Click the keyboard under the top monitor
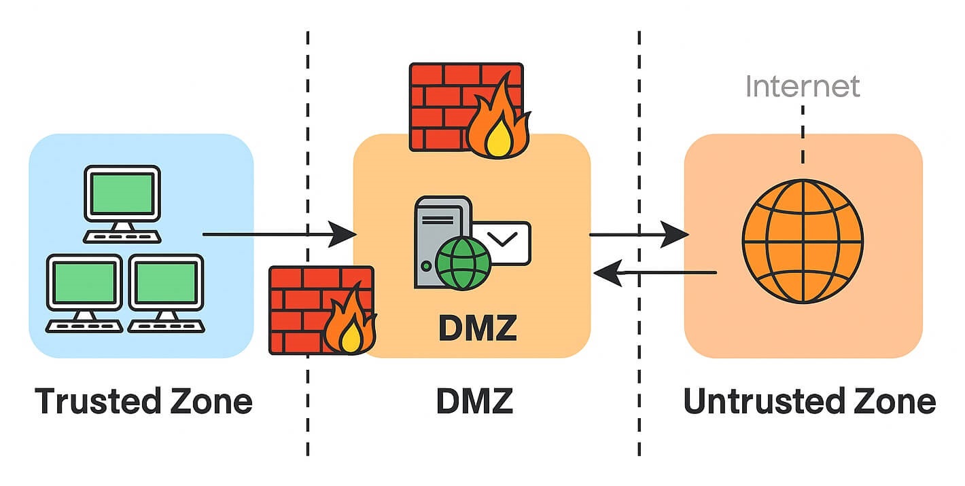tap(122, 236)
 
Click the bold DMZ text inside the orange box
tap(478, 328)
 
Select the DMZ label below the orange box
tap(474, 401)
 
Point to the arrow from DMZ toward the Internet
tap(639, 235)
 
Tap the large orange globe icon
tap(803, 241)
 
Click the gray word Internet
tap(803, 87)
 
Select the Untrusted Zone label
tap(809, 401)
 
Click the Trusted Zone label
tap(143, 401)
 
